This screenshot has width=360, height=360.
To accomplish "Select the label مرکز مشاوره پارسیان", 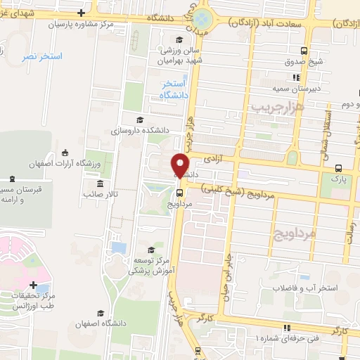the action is click(x=77, y=23).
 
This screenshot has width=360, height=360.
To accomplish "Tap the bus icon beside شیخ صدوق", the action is click(x=303, y=51).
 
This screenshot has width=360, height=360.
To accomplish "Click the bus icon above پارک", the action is click(x=339, y=168).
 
